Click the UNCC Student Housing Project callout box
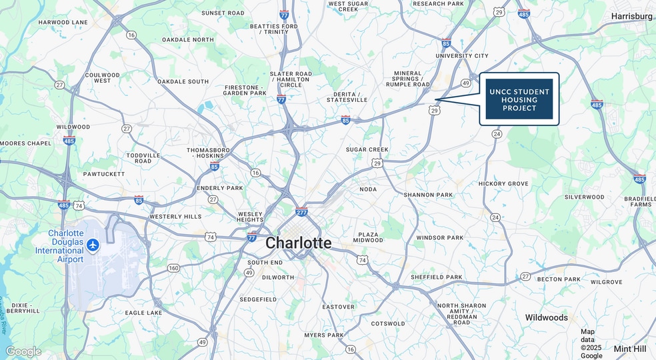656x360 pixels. pyautogui.click(x=519, y=99)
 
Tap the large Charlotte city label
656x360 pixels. pyautogui.click(x=298, y=243)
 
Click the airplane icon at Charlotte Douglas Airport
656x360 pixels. pyautogui.click(x=92, y=245)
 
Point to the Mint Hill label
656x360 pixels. pyautogui.click(x=630, y=348)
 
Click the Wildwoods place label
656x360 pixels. pyautogui.click(x=546, y=317)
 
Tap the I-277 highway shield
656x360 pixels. pyautogui.click(x=302, y=211)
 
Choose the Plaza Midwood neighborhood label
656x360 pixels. pyautogui.click(x=368, y=237)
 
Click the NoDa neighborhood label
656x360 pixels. pyautogui.click(x=368, y=189)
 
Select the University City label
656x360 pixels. pyautogui.click(x=462, y=56)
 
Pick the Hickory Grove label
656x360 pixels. pyautogui.click(x=503, y=183)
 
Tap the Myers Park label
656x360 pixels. pyautogui.click(x=324, y=335)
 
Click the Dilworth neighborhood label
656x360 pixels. pyautogui.click(x=278, y=277)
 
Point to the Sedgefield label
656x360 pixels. pyautogui.click(x=258, y=299)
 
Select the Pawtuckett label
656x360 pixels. pyautogui.click(x=104, y=174)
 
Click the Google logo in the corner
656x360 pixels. pyautogui.click(x=23, y=351)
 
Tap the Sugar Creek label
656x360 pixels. pyautogui.click(x=367, y=149)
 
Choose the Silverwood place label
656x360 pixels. pyautogui.click(x=584, y=197)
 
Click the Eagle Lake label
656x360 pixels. pyautogui.click(x=143, y=313)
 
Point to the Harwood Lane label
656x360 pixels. pyautogui.click(x=63, y=22)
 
